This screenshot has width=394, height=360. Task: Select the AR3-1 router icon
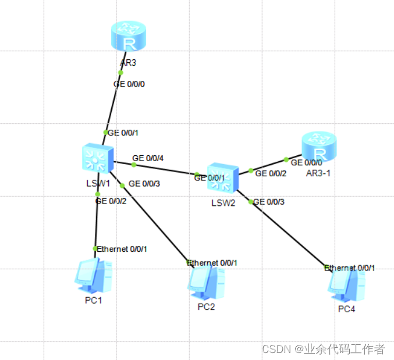point(319,146)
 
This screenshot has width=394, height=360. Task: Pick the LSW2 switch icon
point(222,177)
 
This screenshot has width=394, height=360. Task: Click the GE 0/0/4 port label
point(148,158)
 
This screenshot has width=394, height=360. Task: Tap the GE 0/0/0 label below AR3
point(129,84)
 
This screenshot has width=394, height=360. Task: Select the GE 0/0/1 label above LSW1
point(123,133)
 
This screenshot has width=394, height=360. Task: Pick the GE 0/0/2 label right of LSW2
point(271,173)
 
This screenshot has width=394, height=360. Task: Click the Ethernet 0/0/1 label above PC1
point(122,249)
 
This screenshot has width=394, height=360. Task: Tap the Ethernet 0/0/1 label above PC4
point(350,268)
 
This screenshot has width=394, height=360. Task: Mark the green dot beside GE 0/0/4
point(134,165)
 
